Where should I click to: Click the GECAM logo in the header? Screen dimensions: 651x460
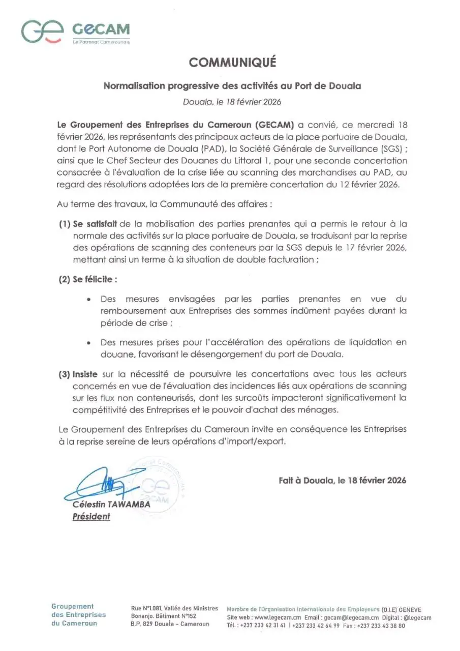(x=76, y=32)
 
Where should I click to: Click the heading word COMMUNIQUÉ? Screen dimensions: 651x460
(x=232, y=62)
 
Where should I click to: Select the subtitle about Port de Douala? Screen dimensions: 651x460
(x=232, y=86)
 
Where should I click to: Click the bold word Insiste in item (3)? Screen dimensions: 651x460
(x=84, y=374)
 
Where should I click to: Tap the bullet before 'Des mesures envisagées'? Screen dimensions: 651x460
(x=89, y=300)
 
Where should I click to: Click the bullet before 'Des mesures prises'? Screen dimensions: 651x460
(x=89, y=343)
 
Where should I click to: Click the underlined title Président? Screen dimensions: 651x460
(x=91, y=516)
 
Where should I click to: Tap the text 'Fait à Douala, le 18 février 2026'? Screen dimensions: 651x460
(x=342, y=480)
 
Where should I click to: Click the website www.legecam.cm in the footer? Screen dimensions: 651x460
(x=275, y=617)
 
